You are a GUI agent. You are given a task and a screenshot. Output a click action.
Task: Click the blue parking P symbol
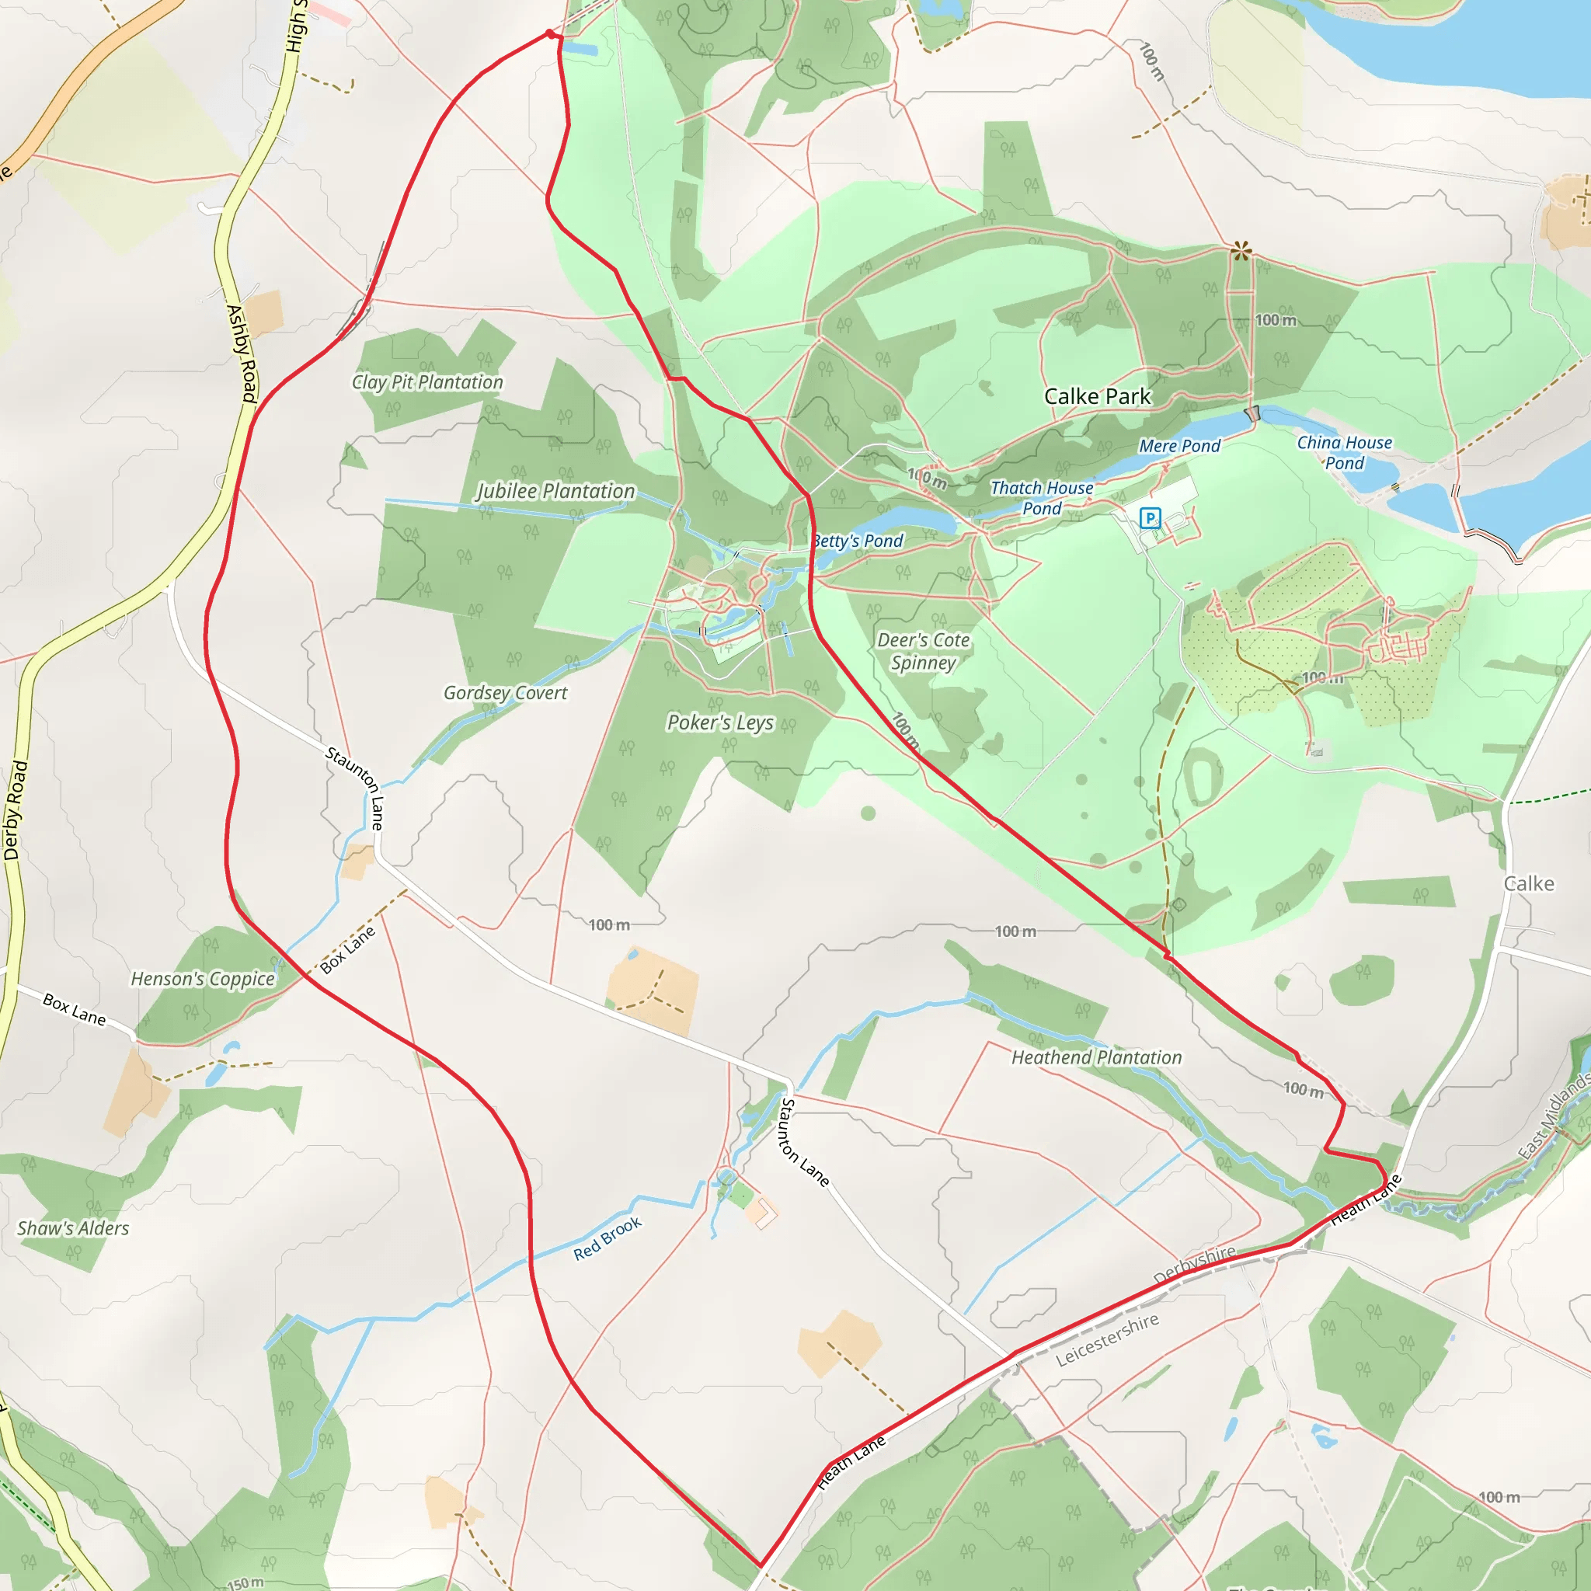[x=1150, y=518]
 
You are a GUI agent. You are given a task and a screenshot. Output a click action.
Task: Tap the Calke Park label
[x=1097, y=396]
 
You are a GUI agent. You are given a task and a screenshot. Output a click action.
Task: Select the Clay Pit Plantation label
[x=427, y=382]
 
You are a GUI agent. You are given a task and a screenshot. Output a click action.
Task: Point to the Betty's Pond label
[x=858, y=541]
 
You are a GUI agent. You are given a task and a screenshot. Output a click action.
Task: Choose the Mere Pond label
[x=1179, y=445]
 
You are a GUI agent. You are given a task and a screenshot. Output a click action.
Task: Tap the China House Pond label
[x=1344, y=453]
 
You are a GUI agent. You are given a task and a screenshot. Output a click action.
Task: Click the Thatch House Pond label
[x=1042, y=497]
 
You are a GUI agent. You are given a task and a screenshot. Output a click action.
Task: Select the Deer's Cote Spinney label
[x=923, y=650]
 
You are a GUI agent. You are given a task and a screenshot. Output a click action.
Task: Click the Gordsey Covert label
[x=505, y=692]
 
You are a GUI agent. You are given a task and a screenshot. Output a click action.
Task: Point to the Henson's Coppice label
[x=203, y=978]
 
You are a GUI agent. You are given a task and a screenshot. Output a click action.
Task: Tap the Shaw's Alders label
[x=73, y=1228]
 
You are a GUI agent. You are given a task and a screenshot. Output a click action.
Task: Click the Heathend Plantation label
[x=1096, y=1057]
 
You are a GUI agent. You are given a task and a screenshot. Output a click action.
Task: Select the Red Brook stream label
[x=608, y=1238]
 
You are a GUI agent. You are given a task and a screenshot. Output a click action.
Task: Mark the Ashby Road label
[x=242, y=353]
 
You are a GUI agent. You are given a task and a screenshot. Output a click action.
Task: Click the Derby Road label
[x=16, y=811]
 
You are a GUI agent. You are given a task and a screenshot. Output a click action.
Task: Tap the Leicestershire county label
[x=1107, y=1339]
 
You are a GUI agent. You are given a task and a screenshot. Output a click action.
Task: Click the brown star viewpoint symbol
[x=1240, y=250]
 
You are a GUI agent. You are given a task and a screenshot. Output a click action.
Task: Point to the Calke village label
[x=1528, y=883]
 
